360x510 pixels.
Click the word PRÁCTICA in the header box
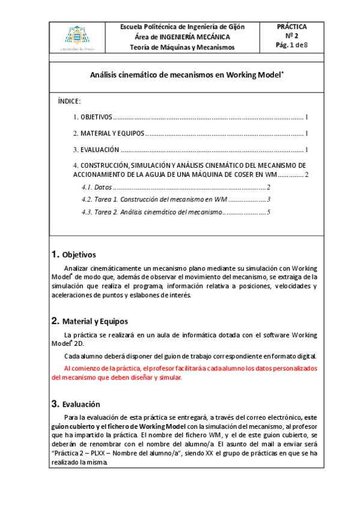(x=291, y=27)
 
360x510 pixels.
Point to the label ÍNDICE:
(x=70, y=100)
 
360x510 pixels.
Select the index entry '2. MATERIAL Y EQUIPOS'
(x=108, y=133)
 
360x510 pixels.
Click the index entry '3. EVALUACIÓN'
(x=96, y=149)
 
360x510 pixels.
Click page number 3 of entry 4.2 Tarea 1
(x=269, y=199)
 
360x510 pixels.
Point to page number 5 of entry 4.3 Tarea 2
(x=269, y=212)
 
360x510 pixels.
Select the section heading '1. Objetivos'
(x=74, y=254)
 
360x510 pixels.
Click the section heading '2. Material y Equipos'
(x=90, y=321)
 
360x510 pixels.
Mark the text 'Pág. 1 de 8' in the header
(x=291, y=45)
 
